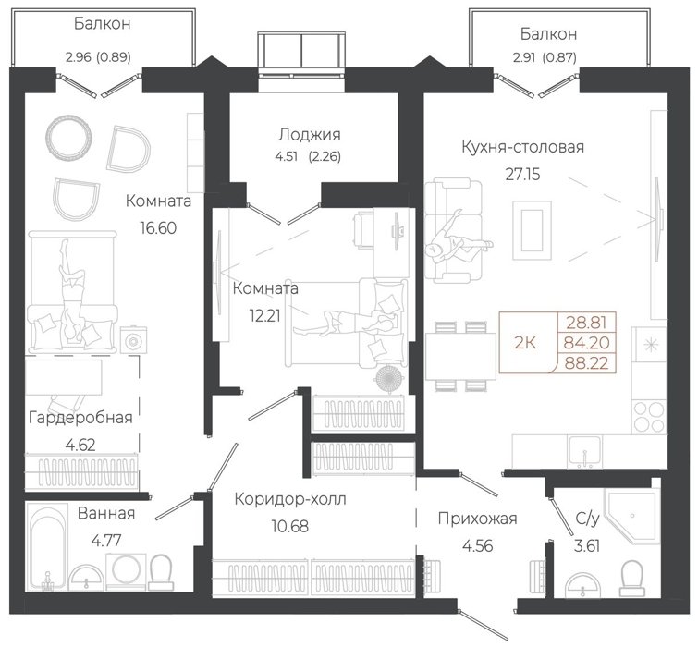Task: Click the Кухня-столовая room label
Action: click(x=522, y=147)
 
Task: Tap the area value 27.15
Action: click(x=522, y=174)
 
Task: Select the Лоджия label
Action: click(x=310, y=134)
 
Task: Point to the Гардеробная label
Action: click(x=80, y=418)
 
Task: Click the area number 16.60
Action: click(x=158, y=227)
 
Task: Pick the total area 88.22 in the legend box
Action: click(x=587, y=363)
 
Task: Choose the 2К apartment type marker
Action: click(x=525, y=343)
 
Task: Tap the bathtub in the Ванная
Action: click(x=47, y=547)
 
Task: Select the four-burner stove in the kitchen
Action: click(x=649, y=417)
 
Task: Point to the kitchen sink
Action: click(x=584, y=452)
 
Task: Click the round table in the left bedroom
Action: click(x=68, y=137)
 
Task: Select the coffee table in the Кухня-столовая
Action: click(x=532, y=230)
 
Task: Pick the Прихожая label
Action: click(x=478, y=519)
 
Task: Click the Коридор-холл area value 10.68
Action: click(x=289, y=527)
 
